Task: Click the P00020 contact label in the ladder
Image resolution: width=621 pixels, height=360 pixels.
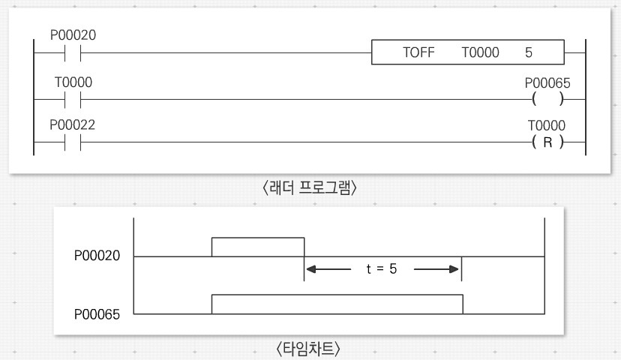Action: (72, 35)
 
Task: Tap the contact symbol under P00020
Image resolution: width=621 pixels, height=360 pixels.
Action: (72, 53)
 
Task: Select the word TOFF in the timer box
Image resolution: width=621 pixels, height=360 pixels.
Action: (418, 53)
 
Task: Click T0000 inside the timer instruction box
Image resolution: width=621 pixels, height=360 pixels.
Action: (480, 53)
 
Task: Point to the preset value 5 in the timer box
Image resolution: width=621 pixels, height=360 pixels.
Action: (529, 53)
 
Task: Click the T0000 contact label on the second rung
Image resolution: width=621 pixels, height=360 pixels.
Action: (72, 82)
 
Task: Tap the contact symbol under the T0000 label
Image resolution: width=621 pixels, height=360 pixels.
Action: (72, 98)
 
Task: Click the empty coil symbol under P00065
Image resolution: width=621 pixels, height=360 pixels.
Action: (547, 99)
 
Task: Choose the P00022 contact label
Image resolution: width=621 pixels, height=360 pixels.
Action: (72, 125)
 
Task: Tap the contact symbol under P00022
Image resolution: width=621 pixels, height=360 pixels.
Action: (72, 142)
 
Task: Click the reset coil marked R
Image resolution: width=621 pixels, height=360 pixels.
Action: (547, 142)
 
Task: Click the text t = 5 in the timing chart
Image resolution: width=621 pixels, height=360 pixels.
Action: (382, 268)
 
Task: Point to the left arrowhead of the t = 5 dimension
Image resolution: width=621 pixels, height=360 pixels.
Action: (310, 268)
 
